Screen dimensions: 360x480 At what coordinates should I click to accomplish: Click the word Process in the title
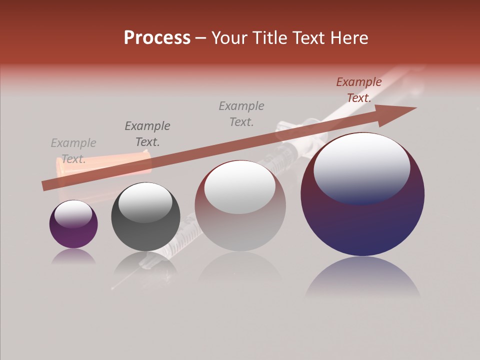pos(157,38)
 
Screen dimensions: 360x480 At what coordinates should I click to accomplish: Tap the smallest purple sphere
pos(73,224)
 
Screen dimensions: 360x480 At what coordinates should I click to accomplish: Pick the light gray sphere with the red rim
pos(240,206)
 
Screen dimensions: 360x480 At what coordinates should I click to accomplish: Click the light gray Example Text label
pos(73,151)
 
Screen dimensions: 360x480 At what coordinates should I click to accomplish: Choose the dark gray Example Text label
pos(147,133)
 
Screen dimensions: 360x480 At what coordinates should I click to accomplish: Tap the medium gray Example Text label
pos(241,113)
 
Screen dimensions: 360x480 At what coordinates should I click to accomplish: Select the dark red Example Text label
pos(358,90)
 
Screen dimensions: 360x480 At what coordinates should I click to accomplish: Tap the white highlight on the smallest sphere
pos(73,214)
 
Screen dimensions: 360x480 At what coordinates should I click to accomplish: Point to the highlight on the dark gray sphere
pos(145,203)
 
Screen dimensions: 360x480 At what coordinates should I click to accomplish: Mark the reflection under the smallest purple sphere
pos(73,256)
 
